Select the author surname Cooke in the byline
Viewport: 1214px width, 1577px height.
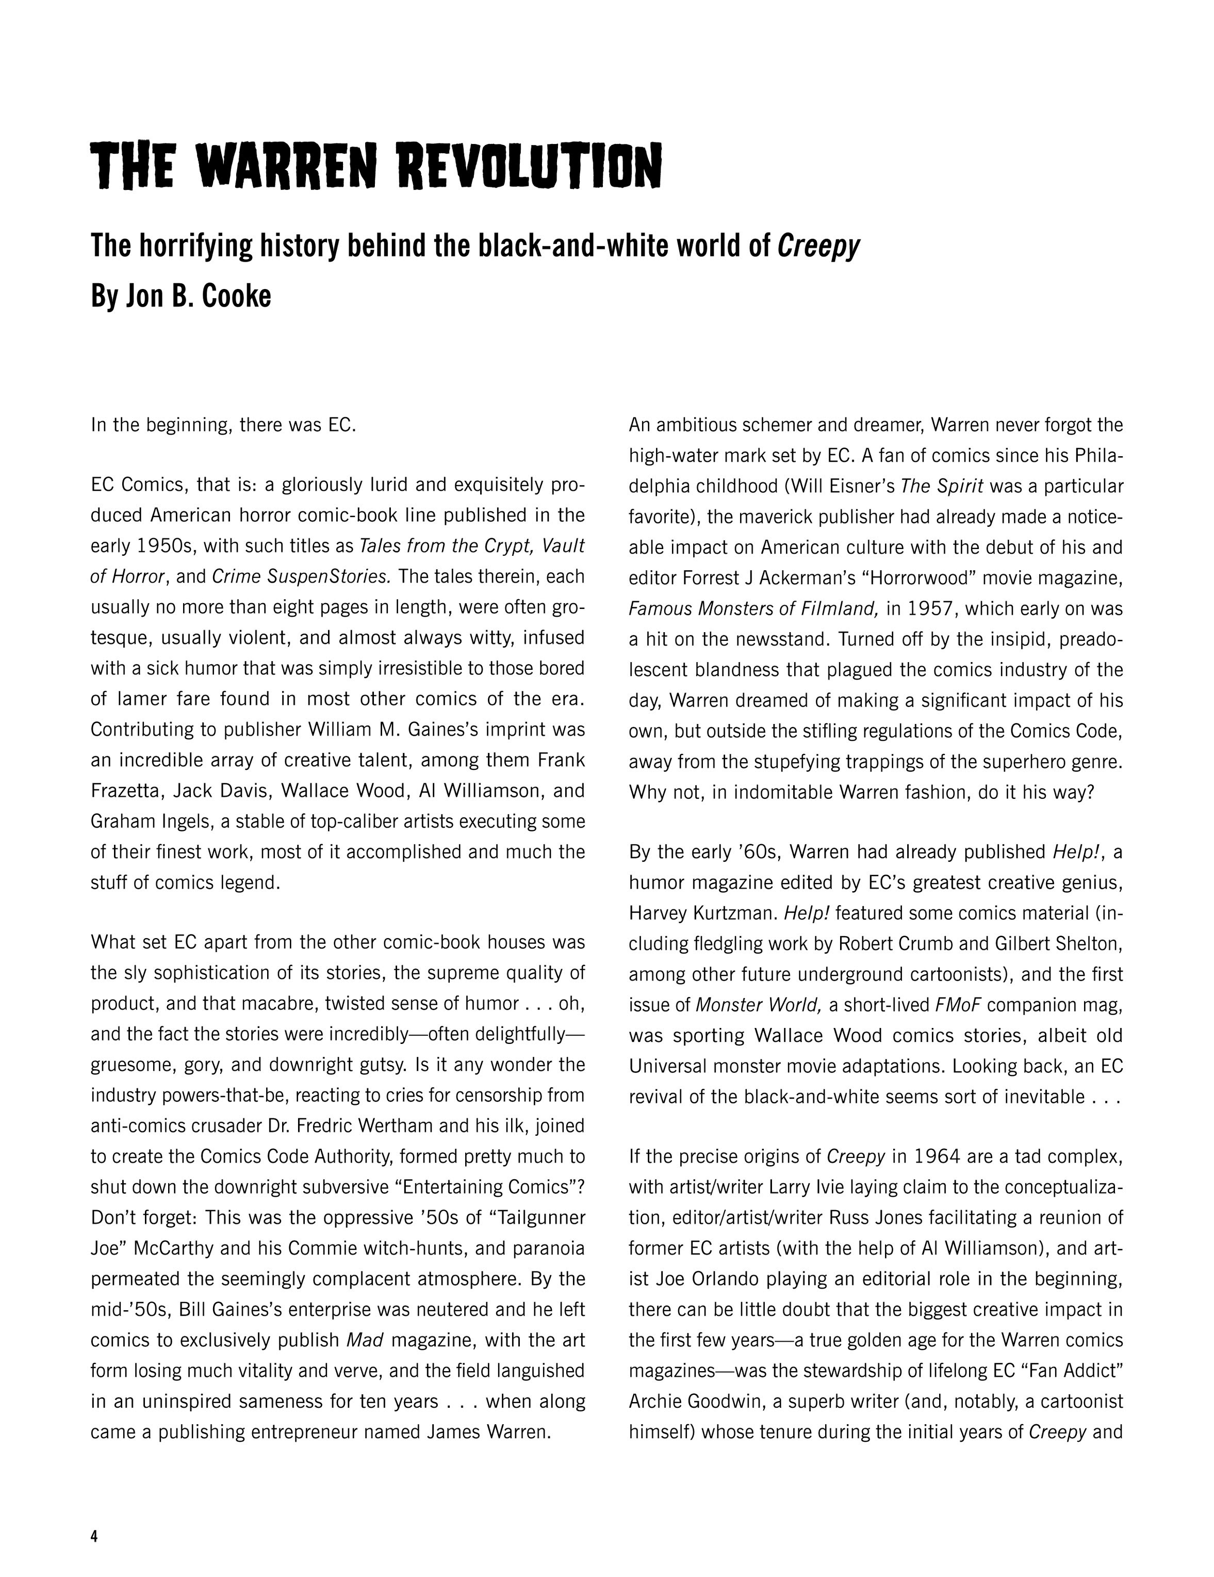233,297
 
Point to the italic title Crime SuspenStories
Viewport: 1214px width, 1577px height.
302,577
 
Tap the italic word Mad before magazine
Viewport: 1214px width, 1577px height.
365,1340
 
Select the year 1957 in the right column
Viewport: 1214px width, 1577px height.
920,609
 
